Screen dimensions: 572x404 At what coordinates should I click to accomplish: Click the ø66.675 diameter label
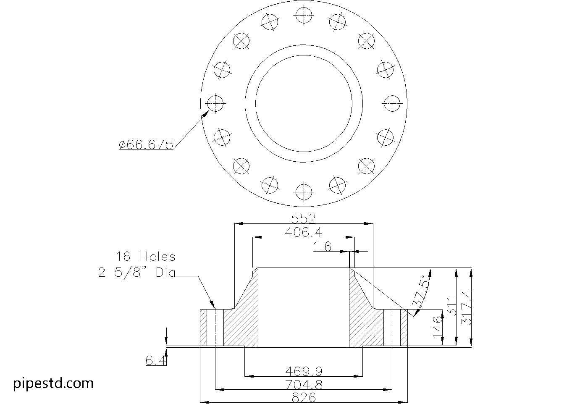click(146, 145)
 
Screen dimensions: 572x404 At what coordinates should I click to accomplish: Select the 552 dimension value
click(303, 218)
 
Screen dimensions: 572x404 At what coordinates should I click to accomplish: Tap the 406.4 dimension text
click(303, 232)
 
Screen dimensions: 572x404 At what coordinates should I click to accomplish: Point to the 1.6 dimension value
click(323, 247)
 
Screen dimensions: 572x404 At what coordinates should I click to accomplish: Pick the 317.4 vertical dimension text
click(467, 307)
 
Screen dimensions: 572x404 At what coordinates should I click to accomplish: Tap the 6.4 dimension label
click(156, 360)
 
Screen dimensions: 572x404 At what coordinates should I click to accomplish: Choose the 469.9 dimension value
click(303, 371)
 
